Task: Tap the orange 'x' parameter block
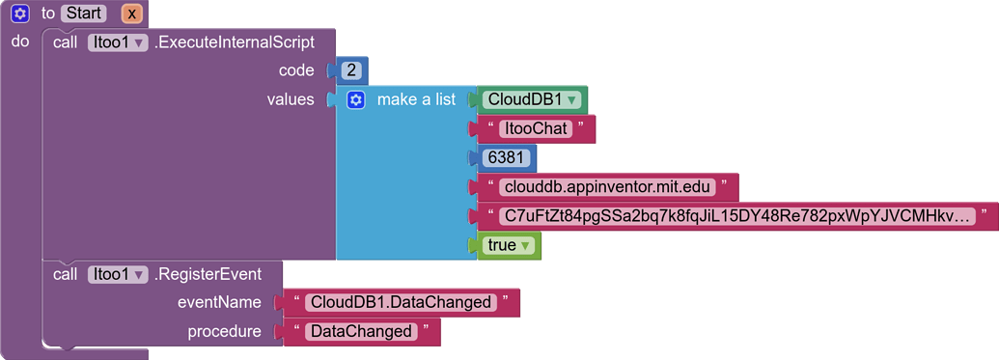click(132, 14)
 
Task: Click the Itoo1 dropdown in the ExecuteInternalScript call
click(117, 42)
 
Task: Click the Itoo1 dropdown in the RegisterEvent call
click(117, 274)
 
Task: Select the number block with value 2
click(350, 71)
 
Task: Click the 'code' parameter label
click(296, 70)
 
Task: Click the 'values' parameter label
click(291, 99)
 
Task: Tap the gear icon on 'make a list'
click(356, 100)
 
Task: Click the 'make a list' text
click(416, 99)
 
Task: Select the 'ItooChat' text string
click(537, 129)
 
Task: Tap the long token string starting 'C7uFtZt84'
click(734, 216)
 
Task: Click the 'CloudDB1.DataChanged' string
click(401, 302)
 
